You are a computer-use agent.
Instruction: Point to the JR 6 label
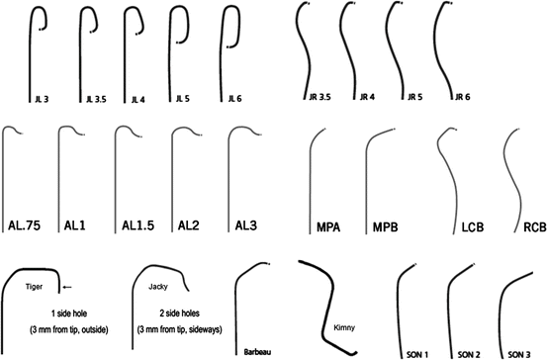point(460,97)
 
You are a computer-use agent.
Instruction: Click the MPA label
point(330,227)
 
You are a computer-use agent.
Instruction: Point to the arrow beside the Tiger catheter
point(67,287)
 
